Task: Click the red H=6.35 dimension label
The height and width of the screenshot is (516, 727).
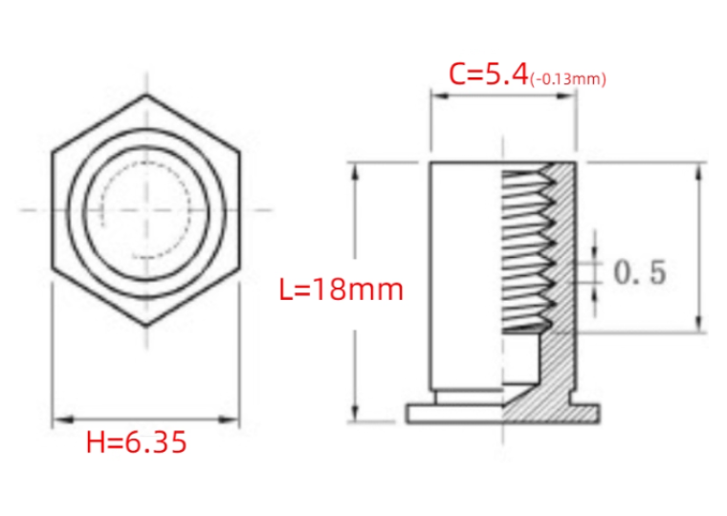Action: click(x=136, y=441)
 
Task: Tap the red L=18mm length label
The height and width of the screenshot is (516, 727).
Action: click(x=341, y=290)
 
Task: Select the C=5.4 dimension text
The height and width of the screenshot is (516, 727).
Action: click(x=489, y=75)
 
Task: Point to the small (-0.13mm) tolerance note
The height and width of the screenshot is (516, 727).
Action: click(x=568, y=79)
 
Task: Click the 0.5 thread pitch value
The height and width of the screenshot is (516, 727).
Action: click(x=640, y=272)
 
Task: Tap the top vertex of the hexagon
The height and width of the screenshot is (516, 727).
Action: click(x=146, y=95)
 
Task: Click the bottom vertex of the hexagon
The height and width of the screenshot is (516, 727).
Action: click(x=146, y=326)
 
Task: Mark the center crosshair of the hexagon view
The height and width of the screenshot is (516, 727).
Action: click(x=146, y=210)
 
